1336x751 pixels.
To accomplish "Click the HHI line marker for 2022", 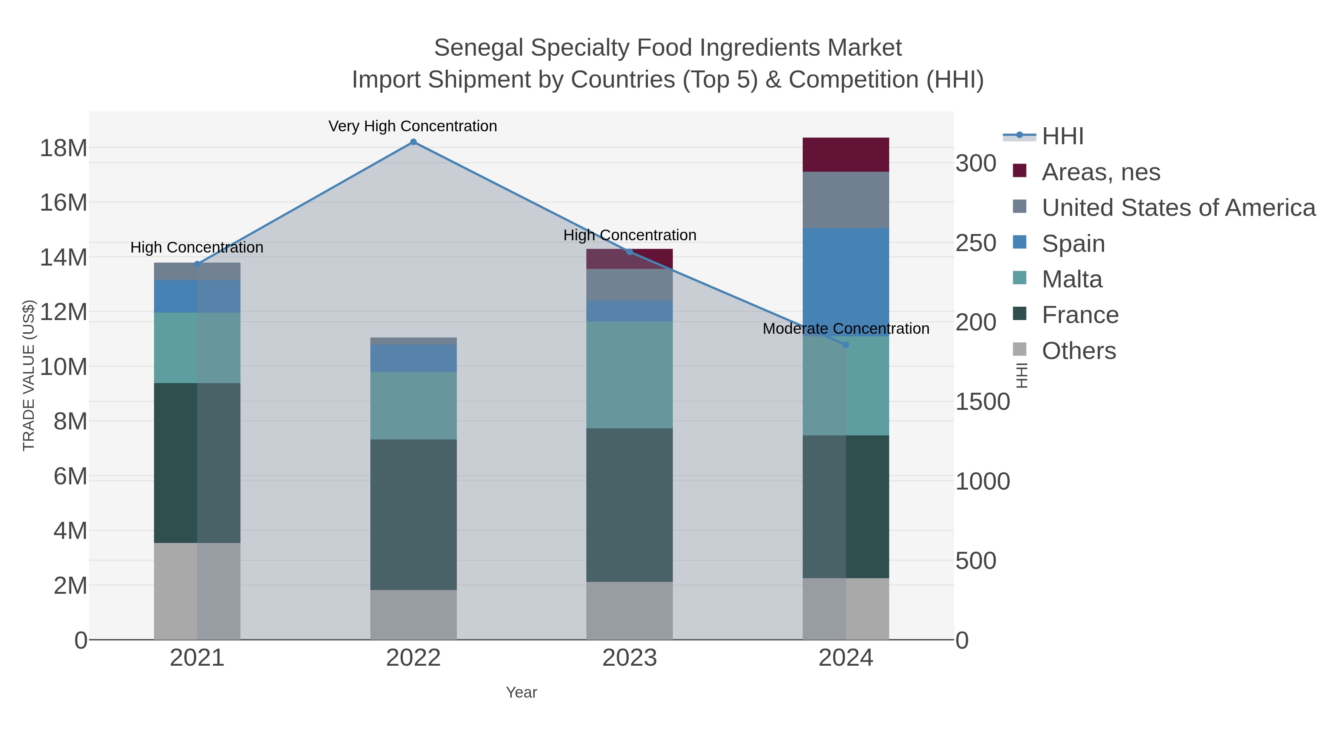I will (x=413, y=142).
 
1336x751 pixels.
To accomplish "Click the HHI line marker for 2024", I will (x=846, y=345).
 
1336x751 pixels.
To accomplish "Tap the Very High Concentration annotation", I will (x=413, y=126).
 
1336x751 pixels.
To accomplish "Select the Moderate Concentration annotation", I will (x=846, y=329).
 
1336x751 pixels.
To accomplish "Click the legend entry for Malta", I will (x=1071, y=279).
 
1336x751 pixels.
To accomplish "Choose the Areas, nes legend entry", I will (x=1101, y=172).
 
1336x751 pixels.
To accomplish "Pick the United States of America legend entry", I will (x=1178, y=208).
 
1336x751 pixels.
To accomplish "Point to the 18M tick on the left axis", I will (x=63, y=148).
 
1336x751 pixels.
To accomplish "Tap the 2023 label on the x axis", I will (x=630, y=658).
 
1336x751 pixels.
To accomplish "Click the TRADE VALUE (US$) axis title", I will (x=29, y=375).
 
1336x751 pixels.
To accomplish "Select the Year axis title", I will (x=521, y=692).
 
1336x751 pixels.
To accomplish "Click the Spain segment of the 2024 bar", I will (x=846, y=283).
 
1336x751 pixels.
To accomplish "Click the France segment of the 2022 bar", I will (x=413, y=515).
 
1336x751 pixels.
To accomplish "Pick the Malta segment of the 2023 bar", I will (x=630, y=375).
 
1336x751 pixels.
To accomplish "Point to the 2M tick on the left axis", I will (x=70, y=586).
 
